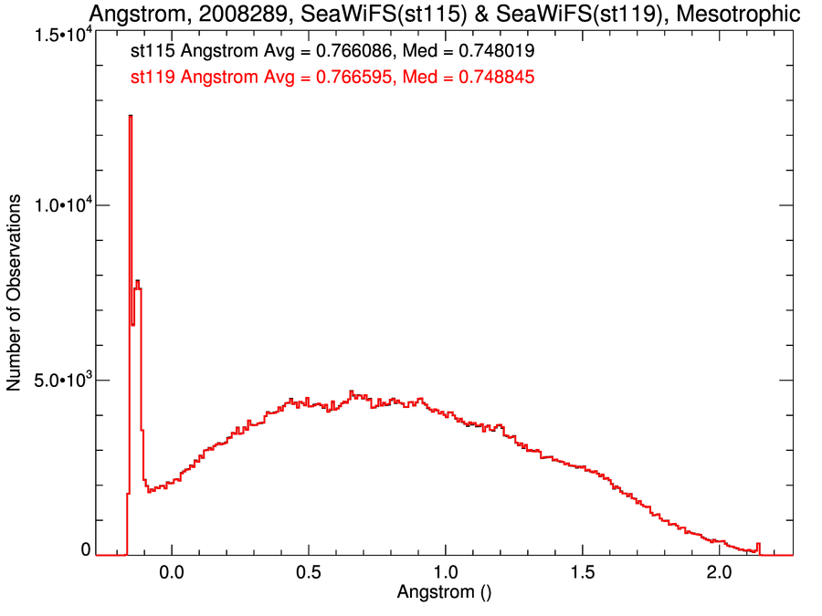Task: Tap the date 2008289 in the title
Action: [x=236, y=15]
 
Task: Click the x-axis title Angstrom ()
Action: [x=445, y=592]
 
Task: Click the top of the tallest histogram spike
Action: [x=131, y=117]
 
